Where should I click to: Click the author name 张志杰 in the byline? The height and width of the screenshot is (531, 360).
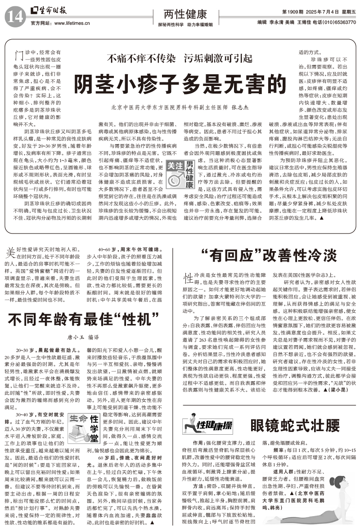click(240, 108)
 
